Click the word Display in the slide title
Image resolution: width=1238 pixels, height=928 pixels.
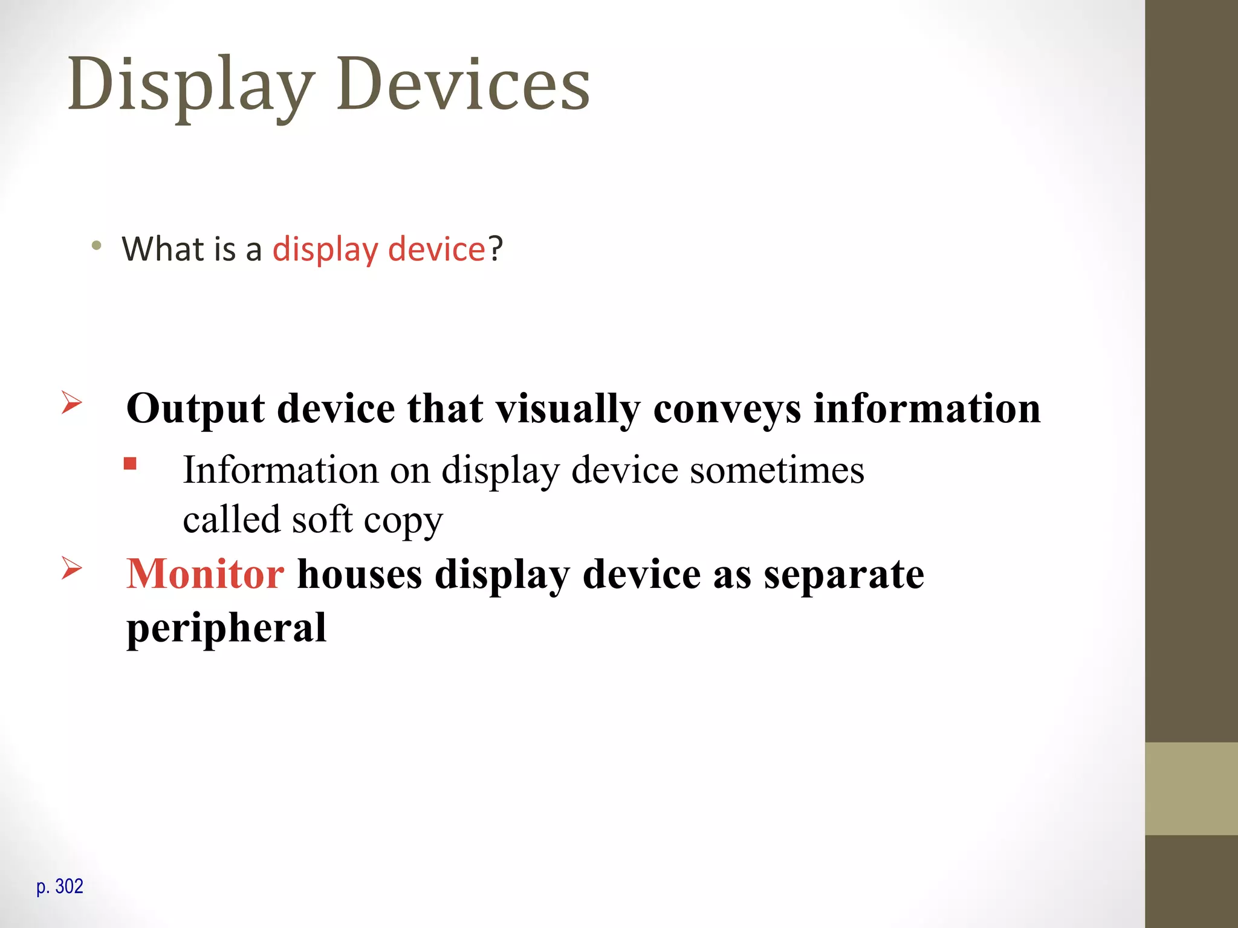(x=191, y=85)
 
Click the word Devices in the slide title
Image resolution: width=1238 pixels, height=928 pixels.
(x=463, y=85)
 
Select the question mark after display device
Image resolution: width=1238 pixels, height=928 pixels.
(x=496, y=248)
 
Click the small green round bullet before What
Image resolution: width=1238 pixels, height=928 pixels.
(x=97, y=246)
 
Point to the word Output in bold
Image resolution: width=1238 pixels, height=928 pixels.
(x=195, y=409)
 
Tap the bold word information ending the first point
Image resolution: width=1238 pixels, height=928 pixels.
(x=927, y=409)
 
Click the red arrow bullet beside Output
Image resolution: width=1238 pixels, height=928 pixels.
(x=71, y=402)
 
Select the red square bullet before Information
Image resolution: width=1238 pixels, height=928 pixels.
(x=130, y=464)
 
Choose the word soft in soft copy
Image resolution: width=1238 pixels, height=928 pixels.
(x=322, y=520)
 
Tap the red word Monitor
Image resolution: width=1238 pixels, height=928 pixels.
(x=205, y=574)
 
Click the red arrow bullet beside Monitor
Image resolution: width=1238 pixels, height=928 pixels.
(x=71, y=568)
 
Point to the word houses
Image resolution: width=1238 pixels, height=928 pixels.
(x=360, y=574)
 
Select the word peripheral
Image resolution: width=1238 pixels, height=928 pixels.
(x=227, y=628)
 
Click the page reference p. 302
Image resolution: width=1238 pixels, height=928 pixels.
(x=60, y=887)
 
